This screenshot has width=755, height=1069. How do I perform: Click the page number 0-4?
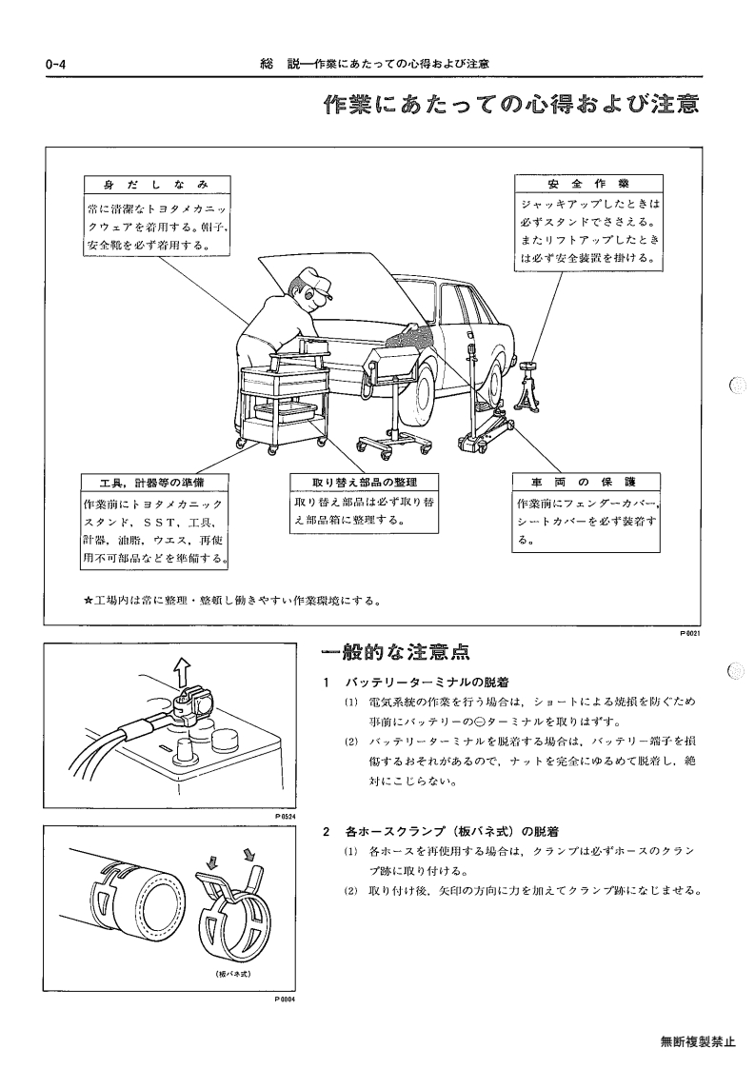point(54,65)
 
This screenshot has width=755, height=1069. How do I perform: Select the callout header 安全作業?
point(587,184)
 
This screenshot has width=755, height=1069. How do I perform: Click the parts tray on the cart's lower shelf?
point(286,412)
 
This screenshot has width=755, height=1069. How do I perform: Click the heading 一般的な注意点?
point(395,652)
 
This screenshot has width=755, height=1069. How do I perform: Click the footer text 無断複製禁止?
point(698,1041)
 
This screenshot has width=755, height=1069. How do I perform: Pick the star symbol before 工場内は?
point(88,601)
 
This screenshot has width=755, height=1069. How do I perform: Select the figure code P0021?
point(690,633)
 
